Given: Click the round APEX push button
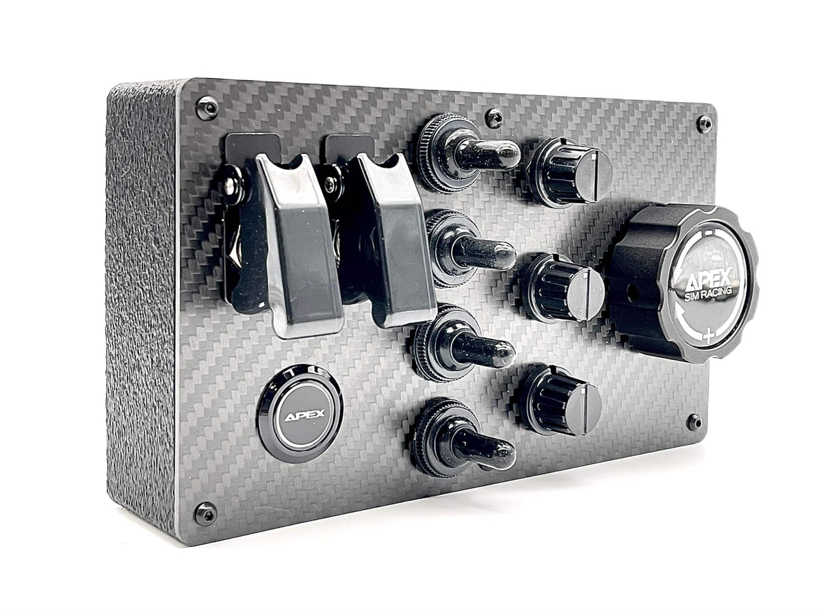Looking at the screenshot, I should pos(300,414).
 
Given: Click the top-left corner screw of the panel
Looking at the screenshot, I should pos(206,107).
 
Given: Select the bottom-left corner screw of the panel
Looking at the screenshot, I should pos(205,513).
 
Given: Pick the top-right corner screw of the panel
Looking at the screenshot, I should pos(704,124).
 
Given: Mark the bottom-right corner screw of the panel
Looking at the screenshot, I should pos(694,422).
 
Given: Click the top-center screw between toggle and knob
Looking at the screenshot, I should pos(493,118).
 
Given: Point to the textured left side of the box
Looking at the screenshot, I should pos(140,308).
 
